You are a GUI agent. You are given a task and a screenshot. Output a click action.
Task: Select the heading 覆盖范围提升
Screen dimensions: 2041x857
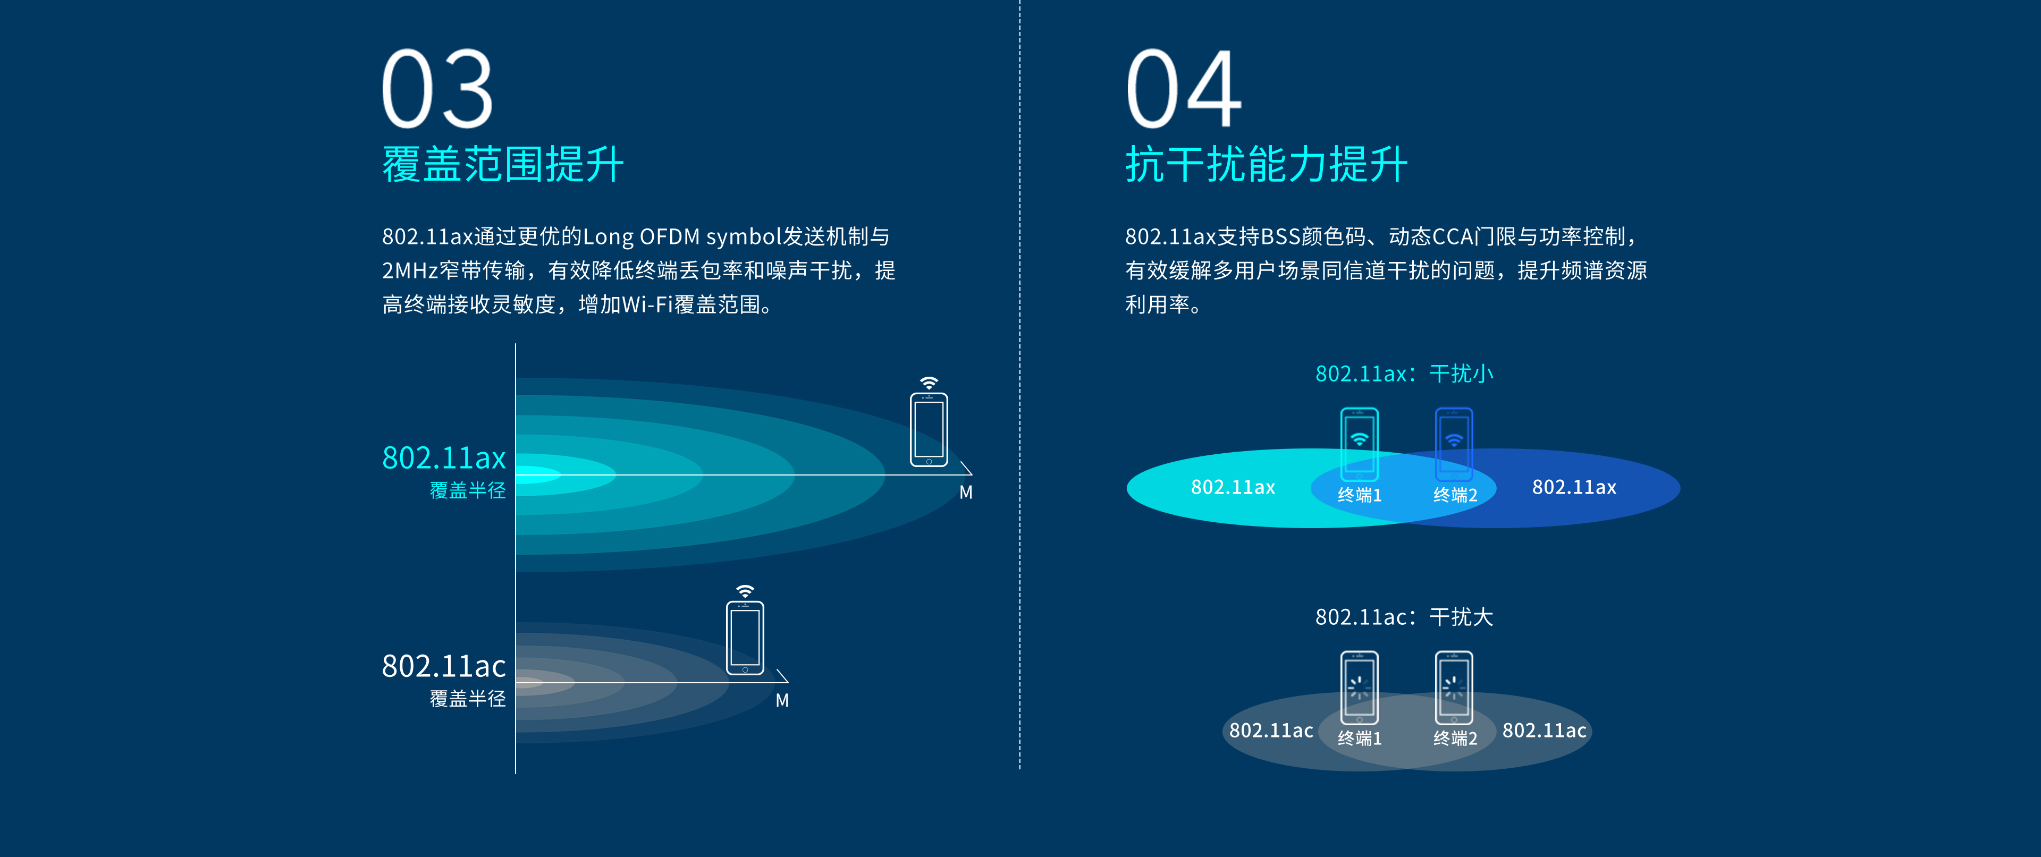pyautogui.click(x=503, y=165)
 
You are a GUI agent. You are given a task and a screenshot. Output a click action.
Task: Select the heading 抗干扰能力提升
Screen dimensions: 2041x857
pyautogui.click(x=1266, y=165)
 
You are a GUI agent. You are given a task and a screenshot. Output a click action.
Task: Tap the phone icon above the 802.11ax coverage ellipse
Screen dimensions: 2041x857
pyautogui.click(x=929, y=429)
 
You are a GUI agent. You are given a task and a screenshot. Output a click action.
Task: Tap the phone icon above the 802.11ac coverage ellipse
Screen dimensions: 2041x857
pyautogui.click(x=745, y=638)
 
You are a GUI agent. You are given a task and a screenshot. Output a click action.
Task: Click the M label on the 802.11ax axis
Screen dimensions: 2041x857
pyautogui.click(x=966, y=493)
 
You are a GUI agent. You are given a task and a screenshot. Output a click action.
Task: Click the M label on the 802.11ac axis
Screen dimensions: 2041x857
pyautogui.click(x=782, y=700)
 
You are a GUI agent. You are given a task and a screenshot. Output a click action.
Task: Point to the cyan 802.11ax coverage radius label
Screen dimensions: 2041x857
pyautogui.click(x=444, y=472)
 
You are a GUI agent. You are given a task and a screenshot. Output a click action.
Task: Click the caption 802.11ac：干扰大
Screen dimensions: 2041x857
pyautogui.click(x=1404, y=616)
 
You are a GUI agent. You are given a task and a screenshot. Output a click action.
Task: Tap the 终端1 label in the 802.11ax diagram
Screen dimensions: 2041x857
pyautogui.click(x=1360, y=495)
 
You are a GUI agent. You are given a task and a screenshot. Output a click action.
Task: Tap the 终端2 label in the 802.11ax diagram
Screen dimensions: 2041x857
pyautogui.click(x=1455, y=495)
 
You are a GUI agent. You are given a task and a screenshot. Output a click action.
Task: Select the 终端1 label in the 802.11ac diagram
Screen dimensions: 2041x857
pyautogui.click(x=1360, y=738)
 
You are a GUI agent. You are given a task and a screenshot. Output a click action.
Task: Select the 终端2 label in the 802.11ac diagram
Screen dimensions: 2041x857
pyautogui.click(x=1455, y=738)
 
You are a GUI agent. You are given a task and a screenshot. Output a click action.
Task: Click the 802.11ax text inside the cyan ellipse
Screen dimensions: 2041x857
pyautogui.click(x=1233, y=487)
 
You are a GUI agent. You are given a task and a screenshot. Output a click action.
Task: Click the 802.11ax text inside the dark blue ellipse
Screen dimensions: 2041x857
pyautogui.click(x=1573, y=487)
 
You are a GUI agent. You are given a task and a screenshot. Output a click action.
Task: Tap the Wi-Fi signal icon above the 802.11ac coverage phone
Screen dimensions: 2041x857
pyautogui.click(x=745, y=591)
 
